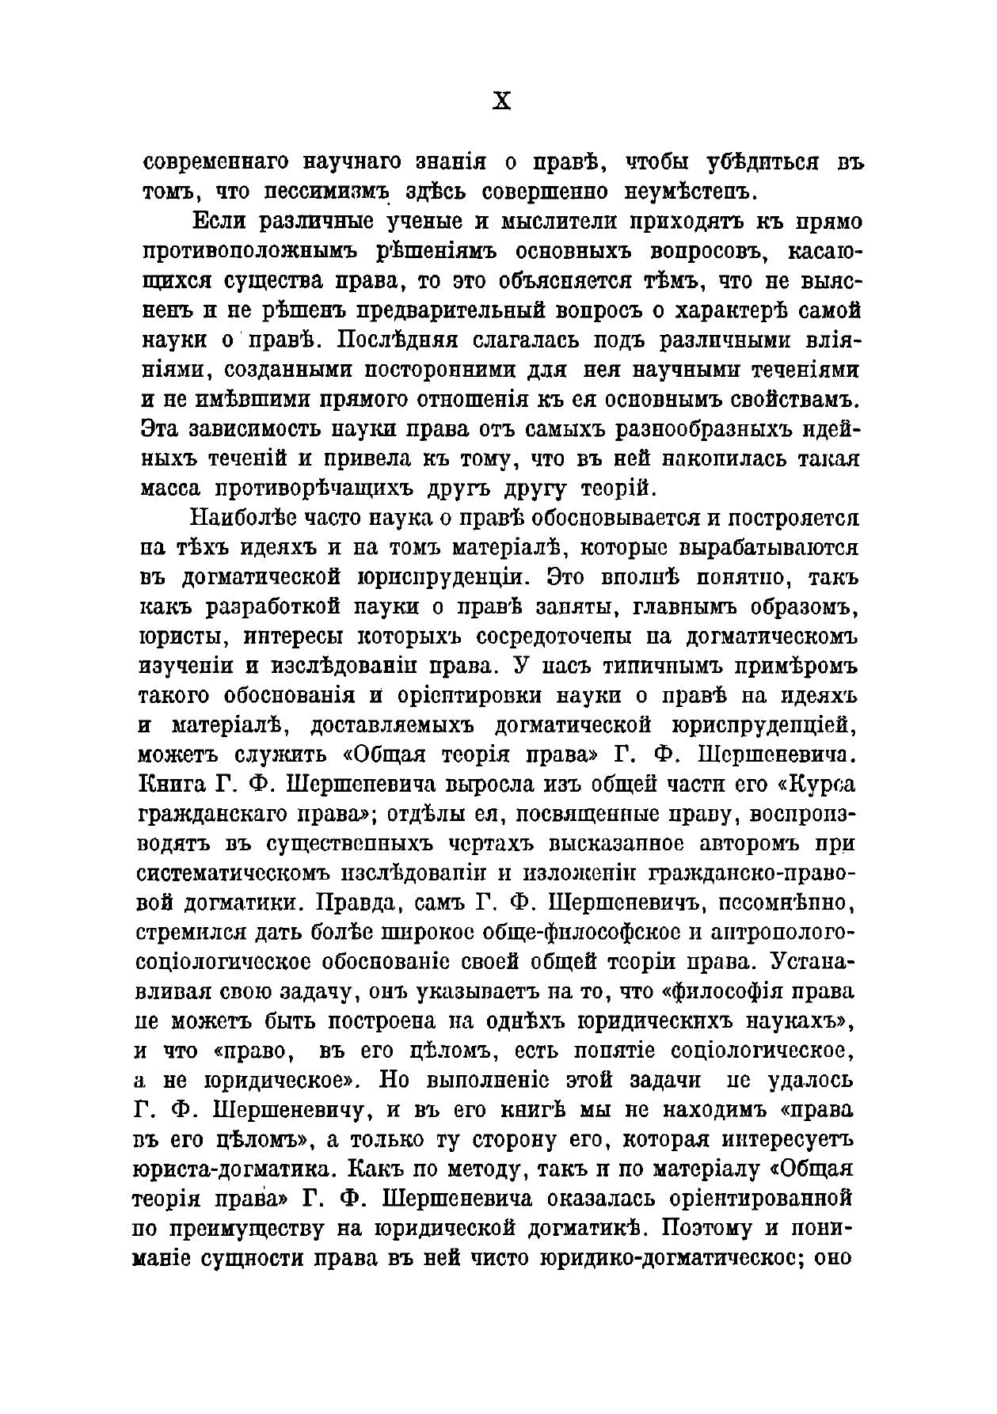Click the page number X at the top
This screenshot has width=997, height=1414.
coord(502,101)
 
